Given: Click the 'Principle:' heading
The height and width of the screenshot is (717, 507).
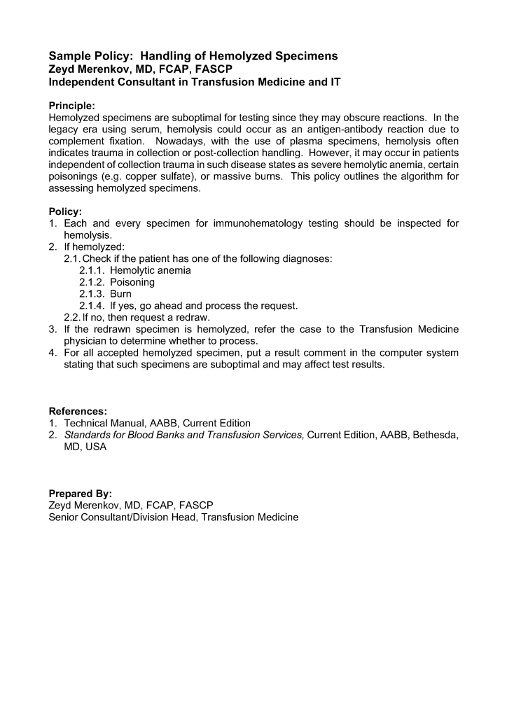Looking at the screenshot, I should [72, 106].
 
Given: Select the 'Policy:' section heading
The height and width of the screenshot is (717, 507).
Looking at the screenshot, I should [66, 211].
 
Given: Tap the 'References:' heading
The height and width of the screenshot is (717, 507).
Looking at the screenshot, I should [78, 411].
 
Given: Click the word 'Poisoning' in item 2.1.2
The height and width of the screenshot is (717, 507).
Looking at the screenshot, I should [132, 282].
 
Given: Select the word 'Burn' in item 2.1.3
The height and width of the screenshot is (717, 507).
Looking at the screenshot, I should [120, 294].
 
